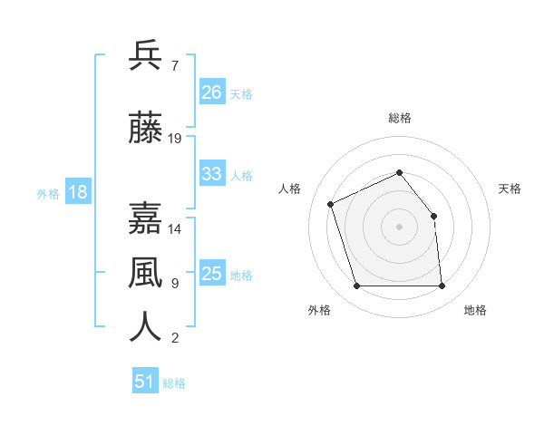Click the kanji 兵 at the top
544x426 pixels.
pos(146,55)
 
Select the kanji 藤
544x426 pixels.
pos(146,128)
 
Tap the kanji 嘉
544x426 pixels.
pos(146,218)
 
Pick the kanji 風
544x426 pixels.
pos(146,272)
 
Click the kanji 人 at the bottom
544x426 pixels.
pos(146,326)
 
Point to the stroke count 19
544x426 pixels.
pos(175,139)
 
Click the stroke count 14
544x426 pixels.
pos(175,229)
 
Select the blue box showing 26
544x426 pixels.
pos(211,92)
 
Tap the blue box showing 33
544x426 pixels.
pos(211,174)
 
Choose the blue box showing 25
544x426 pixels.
pos(211,274)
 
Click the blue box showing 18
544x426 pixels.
pos(77,192)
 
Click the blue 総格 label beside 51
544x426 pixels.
pos(174,383)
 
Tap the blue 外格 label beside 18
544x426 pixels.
pos(48,193)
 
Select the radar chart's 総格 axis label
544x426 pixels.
pos(400,118)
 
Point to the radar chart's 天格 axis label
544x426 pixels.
pos(510,189)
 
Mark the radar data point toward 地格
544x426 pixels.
pos(442,286)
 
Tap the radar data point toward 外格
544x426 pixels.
pos(356,286)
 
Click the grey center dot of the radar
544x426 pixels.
pos(399,227)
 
